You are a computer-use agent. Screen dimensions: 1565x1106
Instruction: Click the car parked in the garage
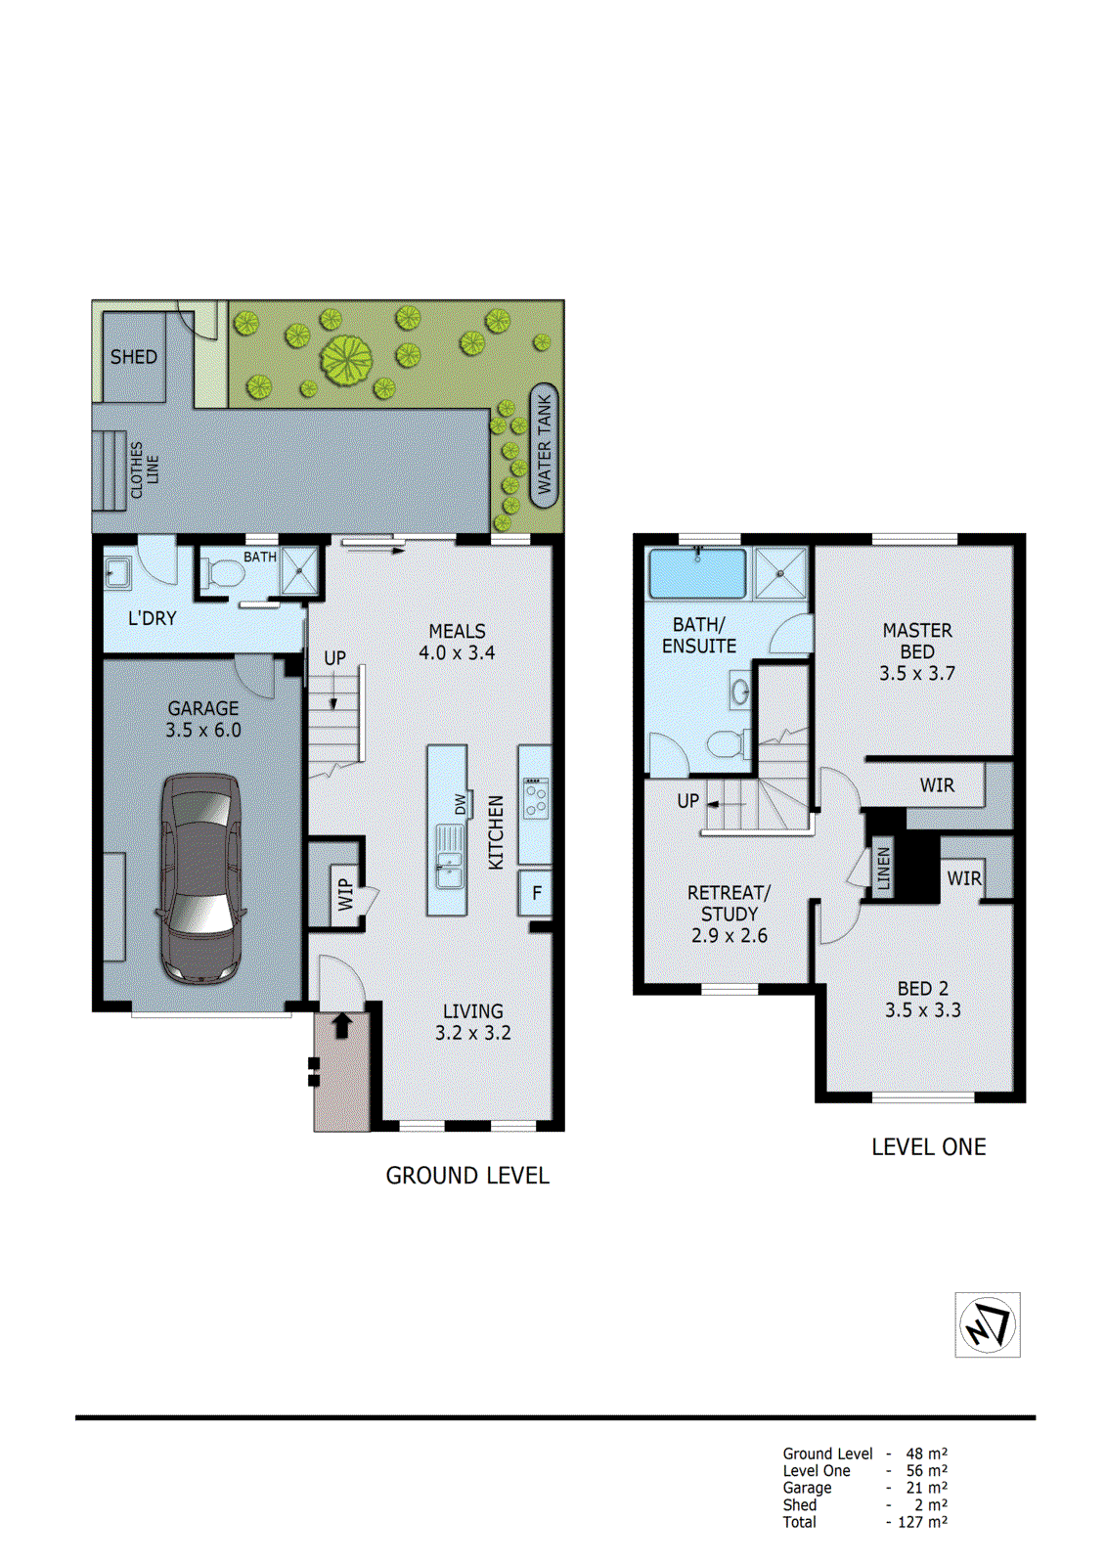click(x=201, y=878)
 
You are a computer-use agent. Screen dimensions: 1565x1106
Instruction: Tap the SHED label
click(x=134, y=357)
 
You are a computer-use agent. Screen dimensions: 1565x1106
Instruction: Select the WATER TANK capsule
click(x=545, y=445)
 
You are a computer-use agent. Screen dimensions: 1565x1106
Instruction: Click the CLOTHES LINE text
click(x=145, y=469)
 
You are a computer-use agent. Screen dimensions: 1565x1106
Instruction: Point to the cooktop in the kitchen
click(x=535, y=797)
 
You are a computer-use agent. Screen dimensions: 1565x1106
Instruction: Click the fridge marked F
click(x=536, y=892)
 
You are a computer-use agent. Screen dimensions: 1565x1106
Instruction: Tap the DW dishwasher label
click(x=461, y=804)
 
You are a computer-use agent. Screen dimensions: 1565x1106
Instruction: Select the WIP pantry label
click(x=345, y=894)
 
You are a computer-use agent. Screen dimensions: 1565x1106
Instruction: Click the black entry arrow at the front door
click(x=342, y=1025)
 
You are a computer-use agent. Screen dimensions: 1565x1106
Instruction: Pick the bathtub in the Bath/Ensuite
click(x=697, y=573)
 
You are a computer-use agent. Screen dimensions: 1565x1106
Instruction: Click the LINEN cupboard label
click(x=884, y=869)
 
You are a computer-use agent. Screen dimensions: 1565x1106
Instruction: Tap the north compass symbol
click(x=987, y=1324)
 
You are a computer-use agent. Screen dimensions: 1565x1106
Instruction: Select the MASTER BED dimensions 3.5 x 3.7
click(x=916, y=673)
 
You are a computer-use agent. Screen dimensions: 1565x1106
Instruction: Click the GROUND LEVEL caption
click(x=467, y=1176)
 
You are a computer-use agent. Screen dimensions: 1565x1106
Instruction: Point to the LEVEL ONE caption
click(x=928, y=1147)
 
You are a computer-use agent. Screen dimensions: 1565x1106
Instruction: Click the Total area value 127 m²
click(x=922, y=1522)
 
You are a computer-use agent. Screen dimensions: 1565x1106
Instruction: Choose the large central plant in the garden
click(x=346, y=360)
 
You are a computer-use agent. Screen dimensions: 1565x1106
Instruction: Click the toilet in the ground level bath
click(x=224, y=573)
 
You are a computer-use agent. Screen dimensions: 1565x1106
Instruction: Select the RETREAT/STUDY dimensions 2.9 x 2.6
click(x=729, y=935)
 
